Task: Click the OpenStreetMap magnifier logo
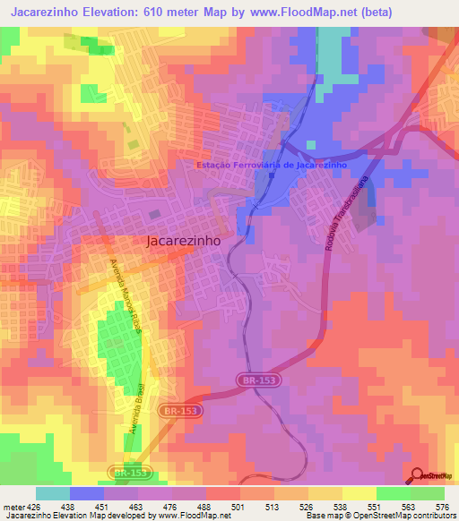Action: (x=419, y=476)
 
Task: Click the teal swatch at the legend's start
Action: (x=53, y=493)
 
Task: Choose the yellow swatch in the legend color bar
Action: (x=359, y=493)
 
